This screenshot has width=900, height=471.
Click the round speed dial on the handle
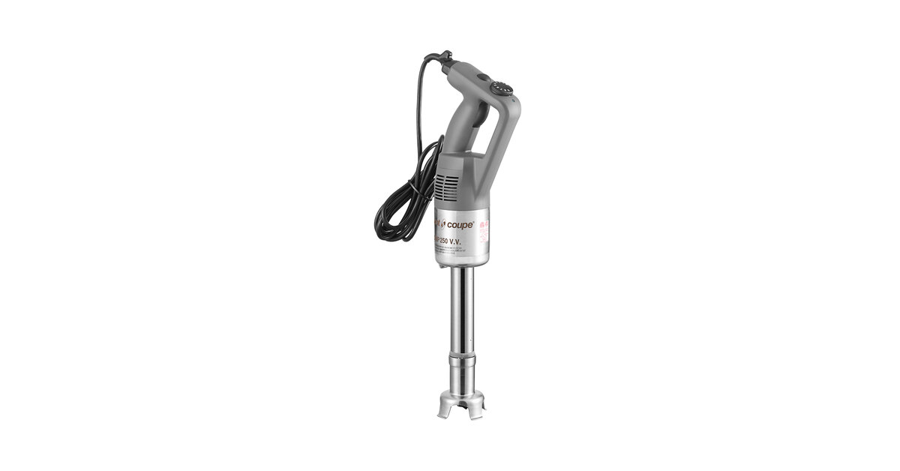(x=502, y=88)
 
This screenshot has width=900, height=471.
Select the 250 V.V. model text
(x=460, y=241)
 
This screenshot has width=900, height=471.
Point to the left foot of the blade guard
(x=443, y=412)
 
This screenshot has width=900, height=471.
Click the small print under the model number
(x=459, y=250)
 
